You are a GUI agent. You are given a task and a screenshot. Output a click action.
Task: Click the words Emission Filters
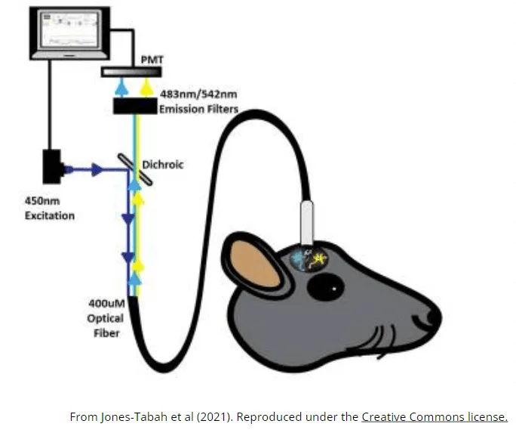tap(199, 110)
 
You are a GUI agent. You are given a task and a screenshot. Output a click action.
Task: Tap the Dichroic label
tap(167, 164)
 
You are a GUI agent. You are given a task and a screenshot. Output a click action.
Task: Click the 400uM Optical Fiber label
tap(106, 317)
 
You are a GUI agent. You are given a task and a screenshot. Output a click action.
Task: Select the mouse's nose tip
tap(437, 316)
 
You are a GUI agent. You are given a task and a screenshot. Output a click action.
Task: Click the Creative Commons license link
tap(435, 416)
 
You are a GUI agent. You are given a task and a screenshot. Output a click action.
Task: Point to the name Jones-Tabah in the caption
tap(131, 417)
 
